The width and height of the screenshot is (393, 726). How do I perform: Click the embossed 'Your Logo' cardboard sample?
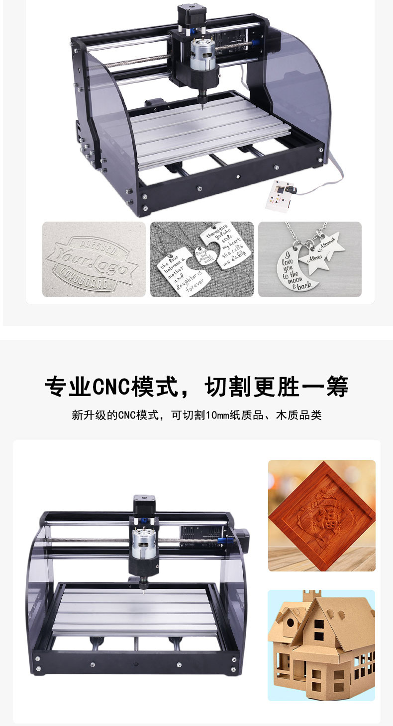[94, 259]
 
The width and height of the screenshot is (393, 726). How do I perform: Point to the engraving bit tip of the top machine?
[203, 103]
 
